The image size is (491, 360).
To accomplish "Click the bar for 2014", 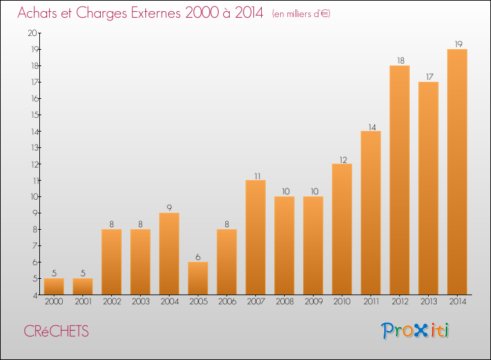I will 457,171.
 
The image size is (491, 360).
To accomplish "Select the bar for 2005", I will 198,278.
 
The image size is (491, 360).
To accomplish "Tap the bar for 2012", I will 399,180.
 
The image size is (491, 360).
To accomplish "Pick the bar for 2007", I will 255,237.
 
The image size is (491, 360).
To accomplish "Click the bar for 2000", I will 54,286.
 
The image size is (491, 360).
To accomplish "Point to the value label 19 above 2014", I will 457,45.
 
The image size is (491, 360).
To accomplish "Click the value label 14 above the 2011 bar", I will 371,126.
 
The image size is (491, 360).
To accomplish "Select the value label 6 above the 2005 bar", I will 198,257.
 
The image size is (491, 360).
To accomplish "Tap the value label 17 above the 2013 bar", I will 428,77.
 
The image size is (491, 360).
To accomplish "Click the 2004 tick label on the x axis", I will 169,302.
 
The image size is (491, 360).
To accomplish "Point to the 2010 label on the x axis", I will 342,302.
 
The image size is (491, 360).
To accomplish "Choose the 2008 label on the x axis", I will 284,302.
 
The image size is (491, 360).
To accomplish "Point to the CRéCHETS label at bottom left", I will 56,331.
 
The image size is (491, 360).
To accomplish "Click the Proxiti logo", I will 416,331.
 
